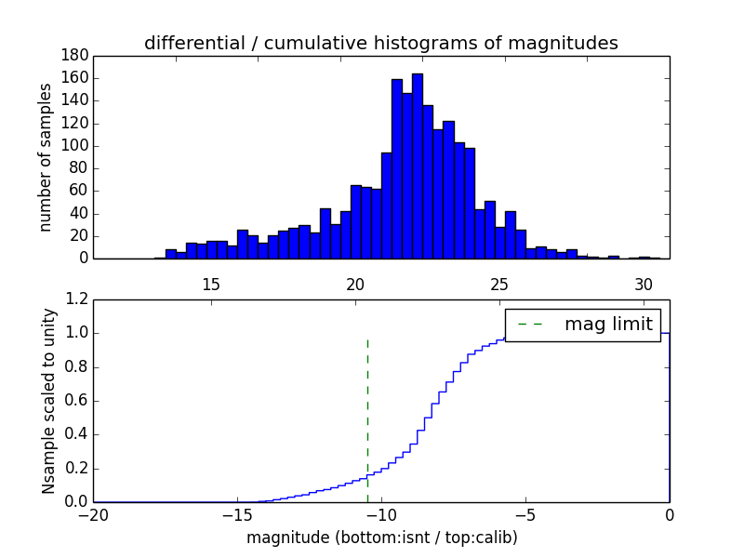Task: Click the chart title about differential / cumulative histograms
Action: click(380, 43)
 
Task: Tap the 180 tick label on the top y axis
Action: click(74, 55)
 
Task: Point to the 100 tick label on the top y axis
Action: click(74, 146)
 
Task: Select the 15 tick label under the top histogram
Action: click(210, 284)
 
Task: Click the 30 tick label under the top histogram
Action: click(644, 284)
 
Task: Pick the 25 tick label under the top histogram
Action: click(499, 284)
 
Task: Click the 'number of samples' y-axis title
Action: click(45, 156)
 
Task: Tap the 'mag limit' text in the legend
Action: click(608, 324)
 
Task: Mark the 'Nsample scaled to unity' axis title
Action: click(48, 401)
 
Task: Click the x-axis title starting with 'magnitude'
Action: click(381, 538)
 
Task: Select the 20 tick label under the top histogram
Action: click(355, 284)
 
